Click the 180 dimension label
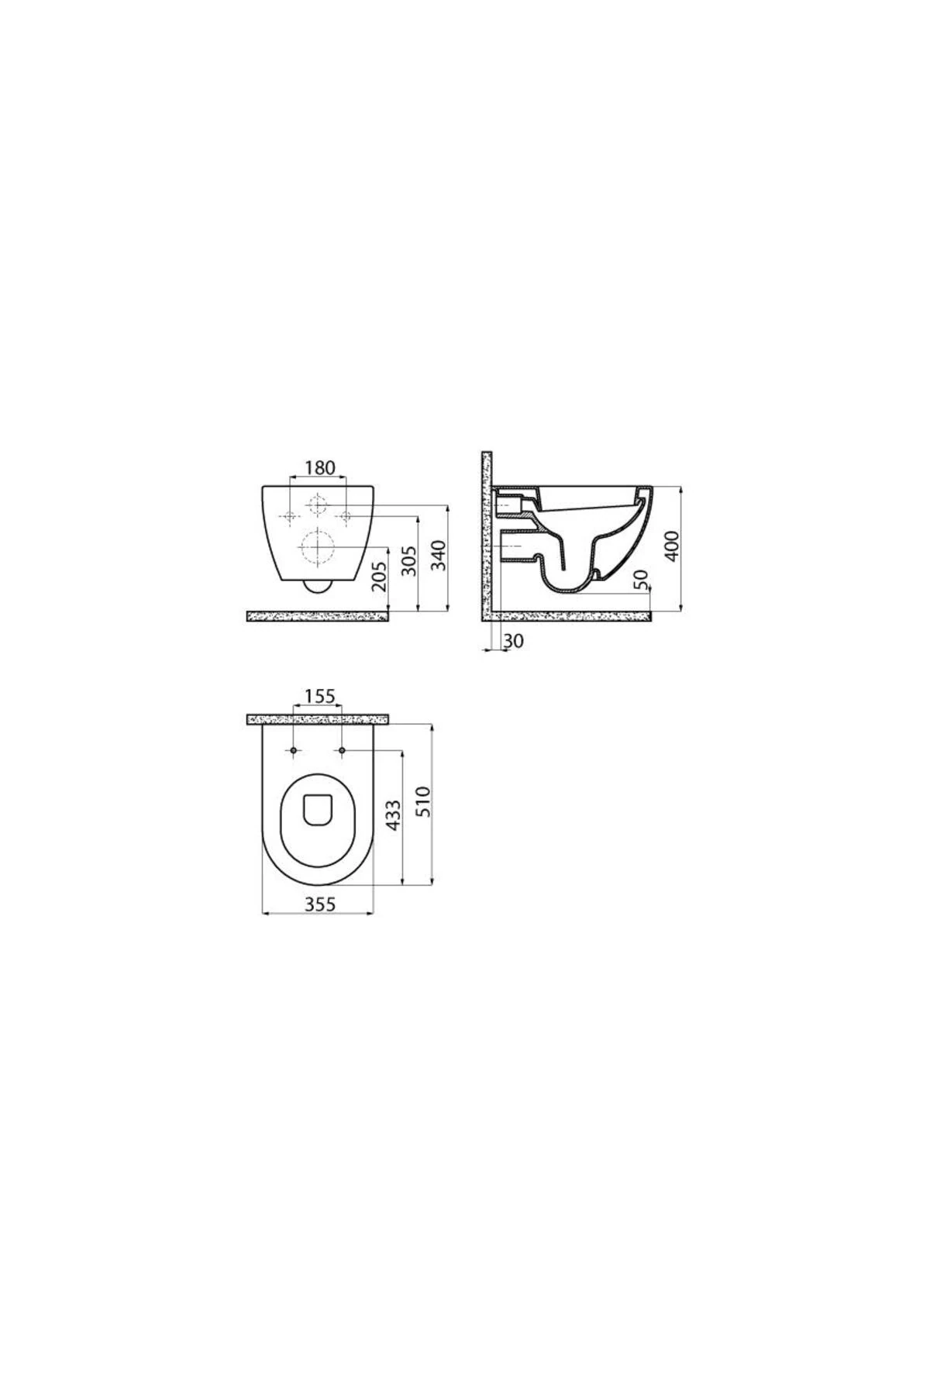pyautogui.click(x=319, y=467)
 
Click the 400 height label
pyautogui.click(x=672, y=546)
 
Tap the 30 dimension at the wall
pyautogui.click(x=514, y=641)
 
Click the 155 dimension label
pyautogui.click(x=319, y=697)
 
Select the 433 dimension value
pyautogui.click(x=394, y=816)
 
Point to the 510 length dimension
pyautogui.click(x=423, y=802)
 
